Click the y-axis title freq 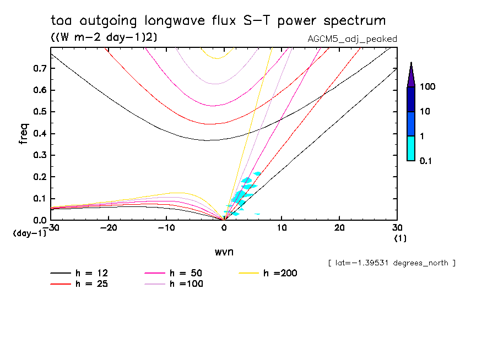(24, 134)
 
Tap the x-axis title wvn (223, 252)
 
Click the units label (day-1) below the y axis (29, 233)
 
